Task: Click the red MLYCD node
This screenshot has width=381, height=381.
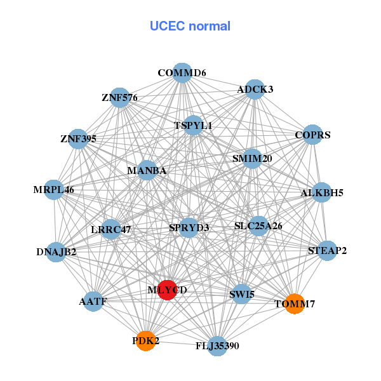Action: [167, 290]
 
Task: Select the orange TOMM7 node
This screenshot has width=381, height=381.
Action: [294, 304]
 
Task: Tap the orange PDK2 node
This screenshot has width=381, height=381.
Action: [145, 340]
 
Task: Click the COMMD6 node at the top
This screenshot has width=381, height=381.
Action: [182, 72]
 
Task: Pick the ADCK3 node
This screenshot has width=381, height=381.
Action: [255, 90]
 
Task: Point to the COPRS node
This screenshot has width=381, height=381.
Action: [312, 135]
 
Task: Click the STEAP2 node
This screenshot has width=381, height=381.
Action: [327, 250]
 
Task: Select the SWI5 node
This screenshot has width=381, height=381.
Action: [241, 295]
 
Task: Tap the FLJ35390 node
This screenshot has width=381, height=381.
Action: [217, 346]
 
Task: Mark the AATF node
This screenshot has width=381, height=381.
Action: [93, 301]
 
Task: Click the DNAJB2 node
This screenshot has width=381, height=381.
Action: [57, 252]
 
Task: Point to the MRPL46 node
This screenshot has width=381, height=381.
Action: [54, 189]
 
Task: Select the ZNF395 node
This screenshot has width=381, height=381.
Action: [78, 138]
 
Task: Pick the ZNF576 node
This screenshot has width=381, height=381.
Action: [119, 98]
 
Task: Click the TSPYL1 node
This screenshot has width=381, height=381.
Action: [193, 126]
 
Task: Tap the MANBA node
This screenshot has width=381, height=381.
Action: [147, 170]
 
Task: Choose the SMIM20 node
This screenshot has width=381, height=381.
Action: [251, 158]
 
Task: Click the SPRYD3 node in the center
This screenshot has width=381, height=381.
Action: [189, 227]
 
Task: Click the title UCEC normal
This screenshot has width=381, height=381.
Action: [190, 26]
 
